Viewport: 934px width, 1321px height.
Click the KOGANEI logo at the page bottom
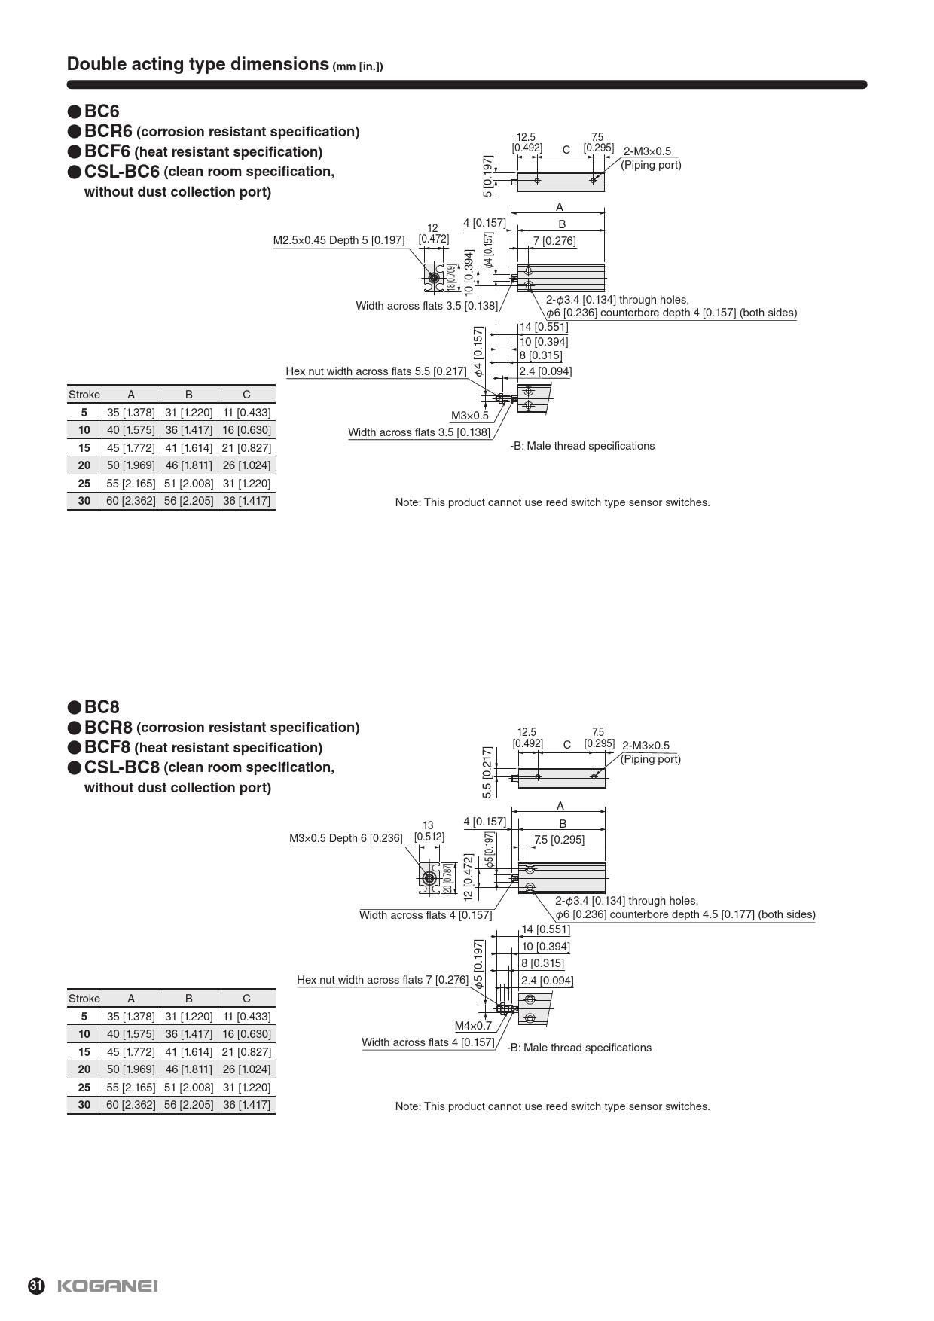click(x=108, y=1286)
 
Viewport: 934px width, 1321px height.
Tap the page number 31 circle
click(x=36, y=1286)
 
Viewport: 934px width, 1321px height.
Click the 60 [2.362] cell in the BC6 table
click(x=130, y=501)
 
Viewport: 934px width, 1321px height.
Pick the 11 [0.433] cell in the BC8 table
click(x=246, y=1016)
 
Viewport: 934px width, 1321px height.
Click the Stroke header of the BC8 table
click(x=84, y=999)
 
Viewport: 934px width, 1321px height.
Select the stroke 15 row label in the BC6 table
click(x=84, y=447)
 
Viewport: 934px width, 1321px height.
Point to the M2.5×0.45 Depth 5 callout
click(x=338, y=240)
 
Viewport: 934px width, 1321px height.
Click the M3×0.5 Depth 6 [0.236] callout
click(x=346, y=838)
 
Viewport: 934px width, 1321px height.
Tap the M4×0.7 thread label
click(x=473, y=1025)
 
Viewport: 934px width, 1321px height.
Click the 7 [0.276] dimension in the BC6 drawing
click(x=554, y=241)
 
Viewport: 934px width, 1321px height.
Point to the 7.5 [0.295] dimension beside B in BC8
click(x=559, y=840)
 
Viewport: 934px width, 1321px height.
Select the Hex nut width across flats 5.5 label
click(x=376, y=371)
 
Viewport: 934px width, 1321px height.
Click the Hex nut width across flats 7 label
click(x=383, y=980)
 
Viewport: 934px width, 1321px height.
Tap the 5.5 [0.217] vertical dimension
click(x=487, y=772)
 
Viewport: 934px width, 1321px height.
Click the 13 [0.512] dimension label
click(x=429, y=831)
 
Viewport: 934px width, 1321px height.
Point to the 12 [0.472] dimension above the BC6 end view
click(x=433, y=233)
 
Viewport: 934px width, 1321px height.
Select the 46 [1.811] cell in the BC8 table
click(x=188, y=1069)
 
